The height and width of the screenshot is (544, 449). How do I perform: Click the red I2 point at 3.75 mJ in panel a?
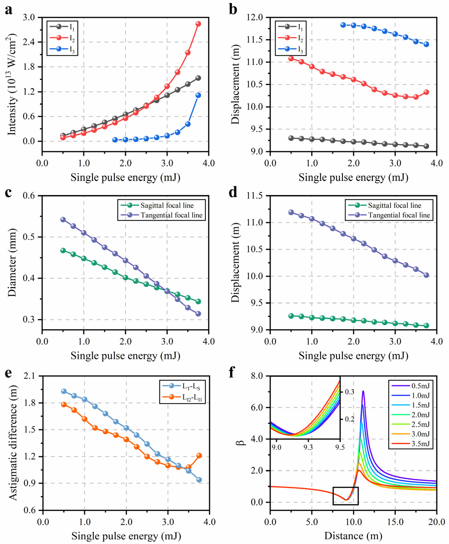tap(198, 24)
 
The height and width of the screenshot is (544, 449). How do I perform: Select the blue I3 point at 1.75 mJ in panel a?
tap(115, 140)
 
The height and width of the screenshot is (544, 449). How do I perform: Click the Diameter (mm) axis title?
tap(12, 263)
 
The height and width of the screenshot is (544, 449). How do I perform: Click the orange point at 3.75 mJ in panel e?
tap(199, 455)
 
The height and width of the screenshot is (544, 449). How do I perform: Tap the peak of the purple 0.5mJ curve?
tap(363, 392)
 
